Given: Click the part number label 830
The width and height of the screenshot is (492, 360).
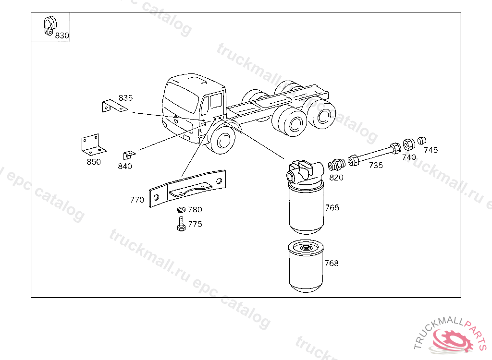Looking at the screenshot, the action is pos(62,36).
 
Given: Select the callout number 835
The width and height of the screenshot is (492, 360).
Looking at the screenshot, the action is pos(125,98).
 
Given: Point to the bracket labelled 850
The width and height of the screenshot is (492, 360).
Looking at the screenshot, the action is pos(93,145).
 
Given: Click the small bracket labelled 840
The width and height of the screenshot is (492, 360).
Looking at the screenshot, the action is pos(129,155).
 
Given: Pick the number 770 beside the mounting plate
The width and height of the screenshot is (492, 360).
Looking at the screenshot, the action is pos(137,200).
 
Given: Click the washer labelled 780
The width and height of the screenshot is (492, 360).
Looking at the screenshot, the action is pos(181,209).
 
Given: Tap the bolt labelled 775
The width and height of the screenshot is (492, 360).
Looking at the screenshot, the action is pos(181,224).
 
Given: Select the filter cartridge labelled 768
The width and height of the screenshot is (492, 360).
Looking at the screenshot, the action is pos(306,266).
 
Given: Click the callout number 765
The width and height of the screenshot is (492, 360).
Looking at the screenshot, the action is pos(332,207).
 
